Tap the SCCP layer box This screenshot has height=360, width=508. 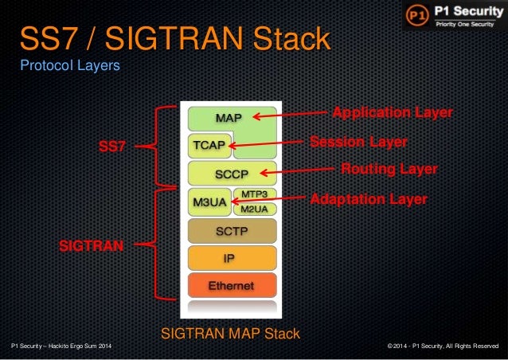[x=232, y=173]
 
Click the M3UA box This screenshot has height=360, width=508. [x=209, y=202]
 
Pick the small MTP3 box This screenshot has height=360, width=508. [x=253, y=195]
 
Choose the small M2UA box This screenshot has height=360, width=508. [x=253, y=209]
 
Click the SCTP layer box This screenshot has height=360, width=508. [x=232, y=231]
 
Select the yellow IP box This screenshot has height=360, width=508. [x=232, y=258]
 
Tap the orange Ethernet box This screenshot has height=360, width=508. [x=232, y=285]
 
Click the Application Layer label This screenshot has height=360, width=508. [x=392, y=112]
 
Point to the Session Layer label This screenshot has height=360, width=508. [x=358, y=141]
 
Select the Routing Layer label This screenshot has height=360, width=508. [x=389, y=169]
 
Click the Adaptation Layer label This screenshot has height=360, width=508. [x=368, y=198]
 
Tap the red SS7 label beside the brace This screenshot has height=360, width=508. [x=111, y=147]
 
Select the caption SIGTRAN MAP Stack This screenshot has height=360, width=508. [x=231, y=334]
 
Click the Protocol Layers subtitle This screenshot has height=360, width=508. [x=70, y=65]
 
